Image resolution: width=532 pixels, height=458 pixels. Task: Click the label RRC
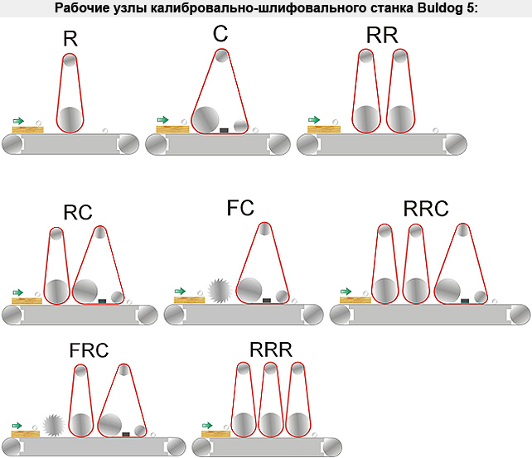point(426,209)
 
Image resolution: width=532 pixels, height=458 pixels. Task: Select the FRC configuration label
point(89,350)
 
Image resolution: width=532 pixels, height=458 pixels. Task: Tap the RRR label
point(271,350)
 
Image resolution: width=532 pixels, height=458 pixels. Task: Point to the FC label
point(240,208)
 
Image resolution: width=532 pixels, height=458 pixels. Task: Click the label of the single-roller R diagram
point(70,39)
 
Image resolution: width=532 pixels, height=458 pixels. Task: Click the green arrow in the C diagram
point(162,119)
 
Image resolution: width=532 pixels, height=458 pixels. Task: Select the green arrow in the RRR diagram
point(207,426)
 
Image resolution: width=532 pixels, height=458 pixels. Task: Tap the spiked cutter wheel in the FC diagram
point(219,291)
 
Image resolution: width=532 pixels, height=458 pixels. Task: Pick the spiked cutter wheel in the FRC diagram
point(54,425)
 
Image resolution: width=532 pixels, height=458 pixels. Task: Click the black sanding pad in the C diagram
point(224,130)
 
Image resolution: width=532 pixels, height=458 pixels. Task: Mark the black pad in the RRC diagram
point(465,301)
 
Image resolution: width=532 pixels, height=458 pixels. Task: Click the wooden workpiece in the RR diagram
point(324,129)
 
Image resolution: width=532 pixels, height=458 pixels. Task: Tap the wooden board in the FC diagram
point(189,300)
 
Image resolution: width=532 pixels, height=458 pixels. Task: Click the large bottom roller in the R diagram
point(70,119)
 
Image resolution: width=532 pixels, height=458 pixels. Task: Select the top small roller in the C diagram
point(221,56)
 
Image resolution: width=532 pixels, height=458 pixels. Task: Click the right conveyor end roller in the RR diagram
point(456,144)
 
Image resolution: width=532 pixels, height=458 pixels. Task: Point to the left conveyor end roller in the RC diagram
point(12,315)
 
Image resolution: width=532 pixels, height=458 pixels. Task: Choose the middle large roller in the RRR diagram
point(270,425)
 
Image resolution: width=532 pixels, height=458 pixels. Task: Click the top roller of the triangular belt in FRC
point(123,369)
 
